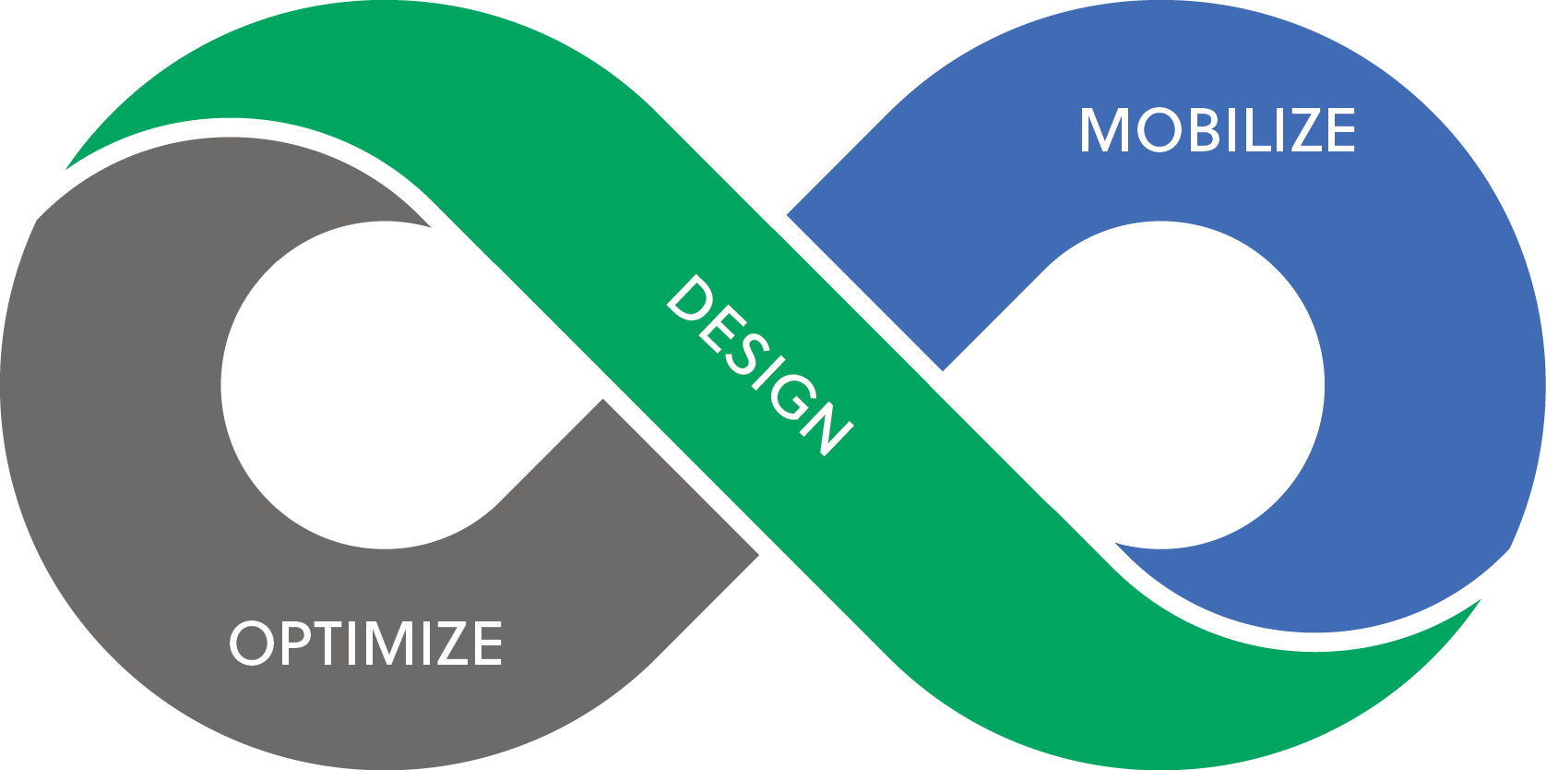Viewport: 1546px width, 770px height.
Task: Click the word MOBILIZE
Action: click(x=1218, y=130)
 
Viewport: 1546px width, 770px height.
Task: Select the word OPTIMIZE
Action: click(x=366, y=643)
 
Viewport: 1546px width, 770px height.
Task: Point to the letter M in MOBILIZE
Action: click(x=1104, y=130)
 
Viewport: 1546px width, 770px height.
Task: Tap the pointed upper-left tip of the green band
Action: click(x=69, y=167)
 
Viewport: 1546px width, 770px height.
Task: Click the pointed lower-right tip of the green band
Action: click(x=1478, y=602)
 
